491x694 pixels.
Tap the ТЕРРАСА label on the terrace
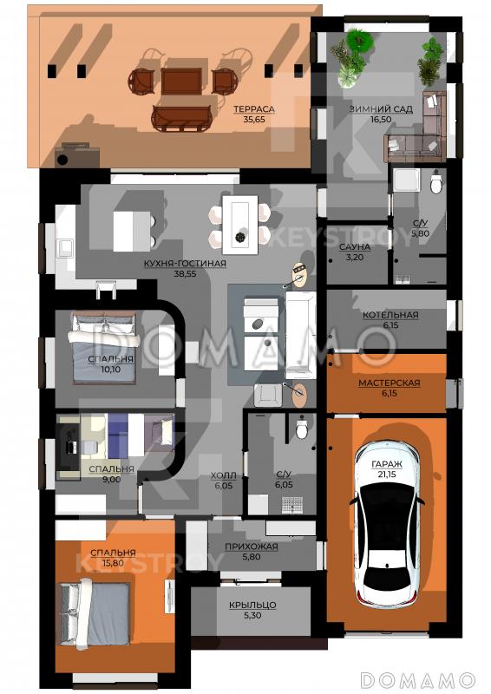pos(254,109)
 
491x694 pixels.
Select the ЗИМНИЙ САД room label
pos(381,109)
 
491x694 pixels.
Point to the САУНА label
pos(355,247)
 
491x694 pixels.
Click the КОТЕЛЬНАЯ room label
pos(390,315)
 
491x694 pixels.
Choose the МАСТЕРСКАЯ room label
pos(390,383)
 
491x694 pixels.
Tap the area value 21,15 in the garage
pos(387,475)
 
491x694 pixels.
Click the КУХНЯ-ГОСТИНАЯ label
pos(185,264)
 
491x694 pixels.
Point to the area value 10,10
pos(111,370)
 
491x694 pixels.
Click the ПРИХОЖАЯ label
pos(252,547)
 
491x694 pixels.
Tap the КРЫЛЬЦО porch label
pos(252,605)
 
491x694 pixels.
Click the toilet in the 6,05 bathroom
pos(302,428)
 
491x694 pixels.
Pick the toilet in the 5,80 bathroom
pos(436,182)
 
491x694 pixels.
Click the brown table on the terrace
pos(181,81)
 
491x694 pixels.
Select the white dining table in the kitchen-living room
pos(240,225)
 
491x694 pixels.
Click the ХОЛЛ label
pos(223,475)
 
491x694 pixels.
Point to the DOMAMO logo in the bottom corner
pos(417,679)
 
